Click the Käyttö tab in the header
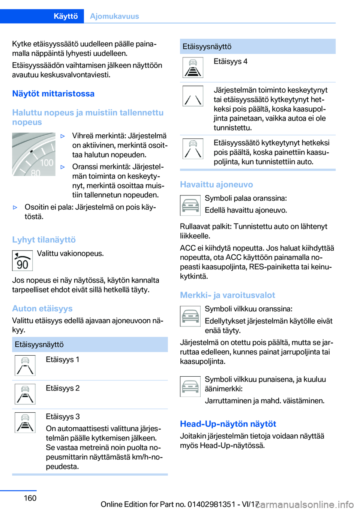[x=66, y=16]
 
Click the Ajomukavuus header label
[x=114, y=16]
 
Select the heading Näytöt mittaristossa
[x=53, y=94]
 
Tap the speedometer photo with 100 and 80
[x=34, y=154]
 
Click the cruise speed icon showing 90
[x=22, y=261]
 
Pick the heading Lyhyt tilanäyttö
[x=44, y=240]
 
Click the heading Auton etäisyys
[x=42, y=308]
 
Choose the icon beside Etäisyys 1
[x=25, y=365]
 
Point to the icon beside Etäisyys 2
[x=25, y=394]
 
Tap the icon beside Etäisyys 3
[x=25, y=422]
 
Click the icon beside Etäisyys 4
[x=193, y=68]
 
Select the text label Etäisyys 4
[x=230, y=62]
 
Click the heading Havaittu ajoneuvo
[x=216, y=185]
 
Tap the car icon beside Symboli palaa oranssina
[x=190, y=206]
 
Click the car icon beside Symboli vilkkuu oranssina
[x=190, y=316]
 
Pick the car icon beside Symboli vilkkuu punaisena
[x=190, y=386]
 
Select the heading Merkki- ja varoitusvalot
[x=227, y=295]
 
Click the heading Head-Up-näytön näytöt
[x=228, y=424]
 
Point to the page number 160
[x=30, y=498]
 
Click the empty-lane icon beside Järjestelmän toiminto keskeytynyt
[x=193, y=96]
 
